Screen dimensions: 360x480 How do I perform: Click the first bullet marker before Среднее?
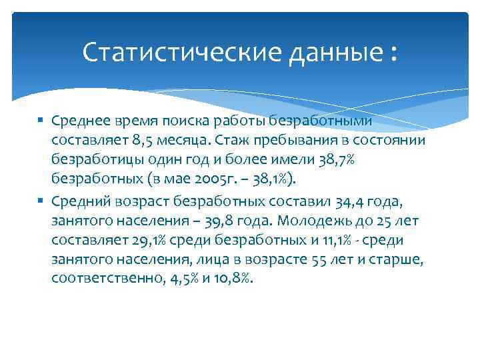click(x=41, y=119)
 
